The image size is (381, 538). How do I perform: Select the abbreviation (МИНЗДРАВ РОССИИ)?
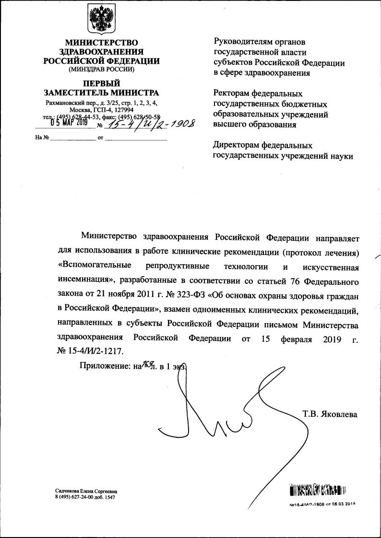[101, 69]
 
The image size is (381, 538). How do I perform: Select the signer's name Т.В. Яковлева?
[330, 413]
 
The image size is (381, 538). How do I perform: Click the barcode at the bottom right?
[318, 490]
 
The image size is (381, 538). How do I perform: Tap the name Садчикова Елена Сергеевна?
[86, 491]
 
